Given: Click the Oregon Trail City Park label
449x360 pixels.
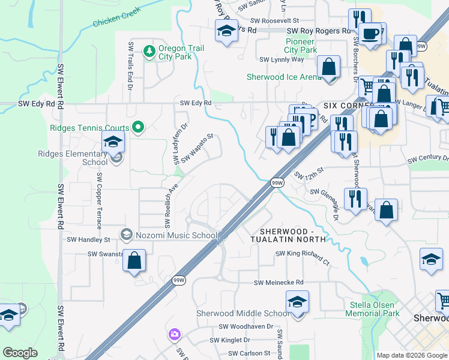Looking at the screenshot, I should click(x=181, y=52).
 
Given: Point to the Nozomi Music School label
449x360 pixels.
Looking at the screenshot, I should click(x=175, y=235).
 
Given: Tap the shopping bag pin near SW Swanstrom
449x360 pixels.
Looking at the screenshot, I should click(x=134, y=261).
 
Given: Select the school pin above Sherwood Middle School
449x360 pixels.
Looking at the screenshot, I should click(x=297, y=302).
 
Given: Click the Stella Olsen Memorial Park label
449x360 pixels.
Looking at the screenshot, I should click(x=374, y=309).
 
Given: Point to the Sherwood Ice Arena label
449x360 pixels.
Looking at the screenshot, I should click(x=284, y=77).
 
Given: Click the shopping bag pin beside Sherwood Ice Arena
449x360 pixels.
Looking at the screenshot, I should click(x=329, y=67).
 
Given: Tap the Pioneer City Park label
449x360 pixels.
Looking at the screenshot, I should click(x=300, y=46).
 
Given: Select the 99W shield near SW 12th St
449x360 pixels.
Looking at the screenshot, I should click(x=277, y=182).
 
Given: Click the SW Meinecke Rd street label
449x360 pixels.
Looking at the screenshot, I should click(x=279, y=282).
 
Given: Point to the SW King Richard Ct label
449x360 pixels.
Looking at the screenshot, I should click(x=303, y=254).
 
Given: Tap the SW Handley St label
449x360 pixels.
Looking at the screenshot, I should click(x=88, y=239).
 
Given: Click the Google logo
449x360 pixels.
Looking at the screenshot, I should click(x=20, y=353).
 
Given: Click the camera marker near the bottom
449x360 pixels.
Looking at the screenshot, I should click(x=174, y=334).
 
